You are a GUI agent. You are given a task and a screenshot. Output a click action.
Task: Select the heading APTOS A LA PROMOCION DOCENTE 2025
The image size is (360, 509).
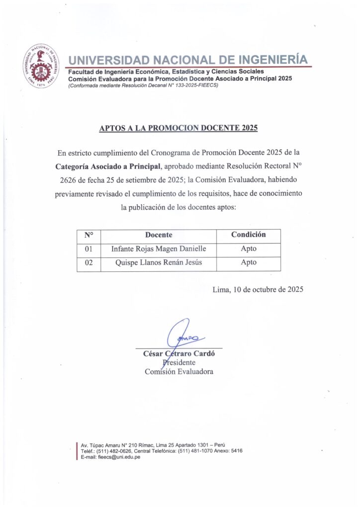point(179,128)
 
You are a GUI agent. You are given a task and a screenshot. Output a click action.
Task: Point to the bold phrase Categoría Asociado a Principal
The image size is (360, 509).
point(108,166)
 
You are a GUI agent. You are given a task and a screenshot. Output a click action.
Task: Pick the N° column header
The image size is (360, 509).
point(89,235)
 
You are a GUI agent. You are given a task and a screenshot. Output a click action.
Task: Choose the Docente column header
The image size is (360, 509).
point(159,235)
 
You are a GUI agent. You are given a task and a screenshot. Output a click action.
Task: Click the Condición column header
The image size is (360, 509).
point(248,235)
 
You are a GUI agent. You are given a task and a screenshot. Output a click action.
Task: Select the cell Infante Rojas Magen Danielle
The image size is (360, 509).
point(158,249)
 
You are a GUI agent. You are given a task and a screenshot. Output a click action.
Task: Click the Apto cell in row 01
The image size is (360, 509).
point(248,249)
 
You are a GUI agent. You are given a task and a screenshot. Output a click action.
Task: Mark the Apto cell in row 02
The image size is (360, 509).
point(248,263)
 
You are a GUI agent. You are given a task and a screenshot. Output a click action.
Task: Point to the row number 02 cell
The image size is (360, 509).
point(89,263)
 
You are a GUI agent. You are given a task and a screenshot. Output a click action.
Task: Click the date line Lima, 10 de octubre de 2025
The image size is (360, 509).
point(257,289)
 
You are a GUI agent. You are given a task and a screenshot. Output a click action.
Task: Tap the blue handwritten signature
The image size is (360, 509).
point(181,334)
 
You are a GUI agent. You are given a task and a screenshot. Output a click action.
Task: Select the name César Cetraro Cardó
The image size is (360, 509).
point(178,354)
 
